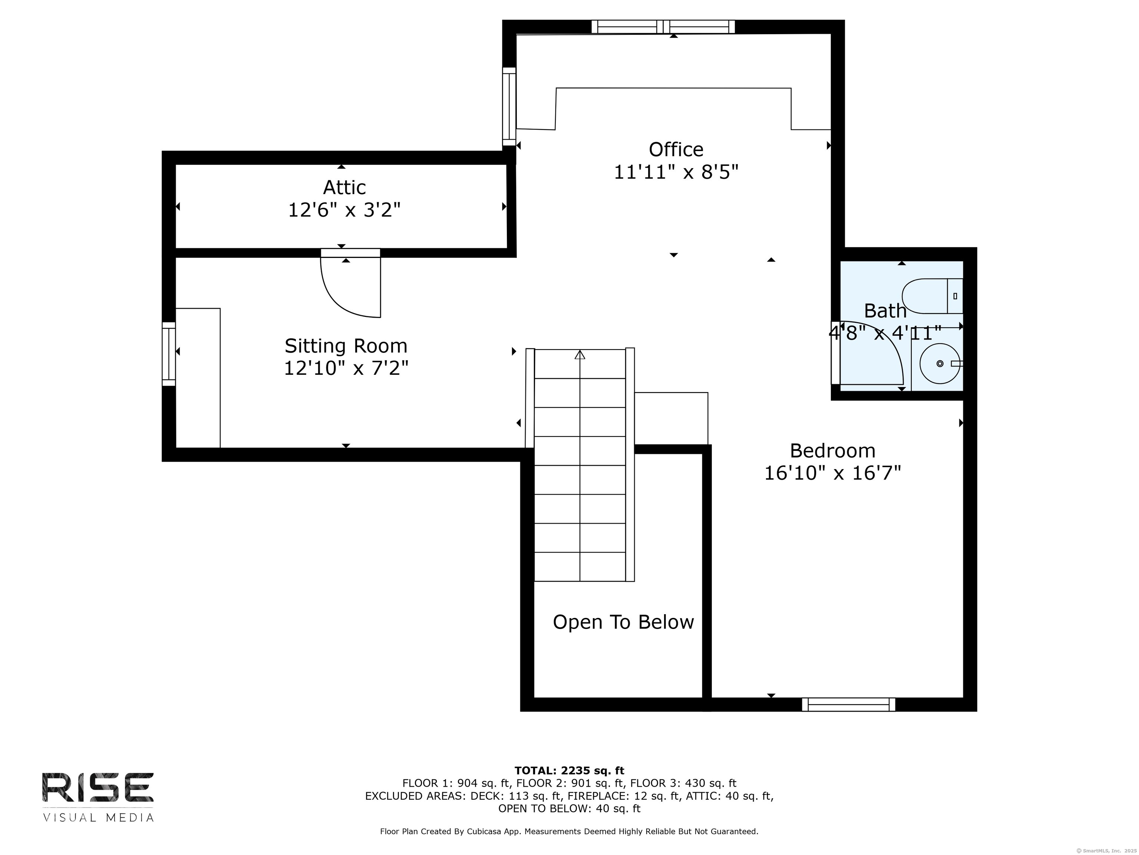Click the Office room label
[676, 150]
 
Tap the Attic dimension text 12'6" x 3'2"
[344, 210]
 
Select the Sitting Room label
[346, 346]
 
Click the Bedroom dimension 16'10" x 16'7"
[832, 473]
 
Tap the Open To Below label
[623, 622]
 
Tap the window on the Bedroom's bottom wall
[848, 704]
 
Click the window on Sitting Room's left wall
[169, 354]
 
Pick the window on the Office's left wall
[509, 107]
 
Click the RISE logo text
[98, 787]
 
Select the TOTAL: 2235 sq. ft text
[569, 770]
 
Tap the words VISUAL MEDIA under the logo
[98, 818]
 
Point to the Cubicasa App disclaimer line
[569, 831]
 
